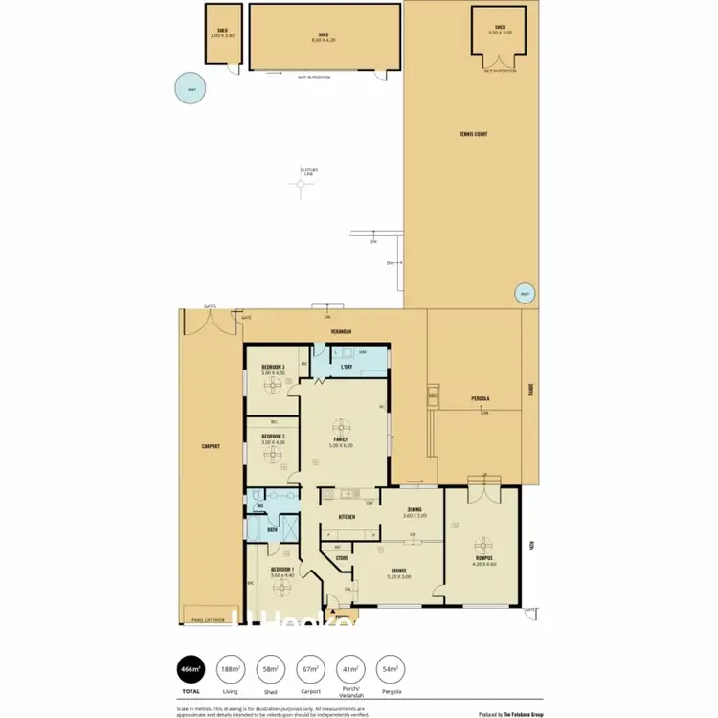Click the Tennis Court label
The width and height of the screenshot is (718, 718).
coord(473,134)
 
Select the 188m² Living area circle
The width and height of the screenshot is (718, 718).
coord(230,668)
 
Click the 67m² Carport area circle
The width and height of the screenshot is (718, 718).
coord(311,668)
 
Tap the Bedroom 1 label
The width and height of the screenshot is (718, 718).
coord(280,570)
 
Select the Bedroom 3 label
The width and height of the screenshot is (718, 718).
coord(273,368)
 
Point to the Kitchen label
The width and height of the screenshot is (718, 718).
coord(347,517)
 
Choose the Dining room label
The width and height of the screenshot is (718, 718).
coord(414,510)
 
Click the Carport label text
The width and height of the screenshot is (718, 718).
coord(212,447)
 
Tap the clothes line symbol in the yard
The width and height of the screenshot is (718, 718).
coord(307,188)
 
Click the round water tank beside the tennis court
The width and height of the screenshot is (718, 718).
coord(524,294)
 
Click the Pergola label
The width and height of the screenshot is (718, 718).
coord(481,397)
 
